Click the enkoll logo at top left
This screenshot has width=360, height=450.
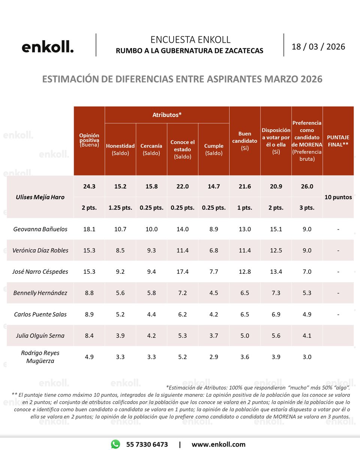click(48, 47)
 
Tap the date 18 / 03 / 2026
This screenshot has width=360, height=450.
click(318, 47)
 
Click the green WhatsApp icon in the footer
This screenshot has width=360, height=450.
click(115, 444)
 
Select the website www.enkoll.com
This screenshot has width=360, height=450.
click(218, 444)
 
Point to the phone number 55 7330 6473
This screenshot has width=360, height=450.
click(147, 444)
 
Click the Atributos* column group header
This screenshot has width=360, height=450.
click(167, 115)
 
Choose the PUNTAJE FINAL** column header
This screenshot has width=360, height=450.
click(338, 141)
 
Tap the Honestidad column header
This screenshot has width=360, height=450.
click(120, 149)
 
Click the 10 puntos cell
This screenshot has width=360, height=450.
click(338, 197)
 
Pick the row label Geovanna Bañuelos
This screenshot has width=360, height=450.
click(40, 229)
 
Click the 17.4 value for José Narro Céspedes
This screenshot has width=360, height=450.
click(183, 271)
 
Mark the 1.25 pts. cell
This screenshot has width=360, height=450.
click(120, 208)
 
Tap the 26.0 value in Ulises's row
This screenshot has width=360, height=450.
click(307, 187)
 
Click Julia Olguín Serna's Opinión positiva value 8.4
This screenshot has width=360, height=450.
click(89, 336)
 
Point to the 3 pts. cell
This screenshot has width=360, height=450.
click(307, 208)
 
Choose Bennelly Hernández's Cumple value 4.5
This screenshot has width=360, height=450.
click(214, 293)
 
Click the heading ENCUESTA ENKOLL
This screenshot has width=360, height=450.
click(190, 40)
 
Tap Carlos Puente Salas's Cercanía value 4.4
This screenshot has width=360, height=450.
click(151, 314)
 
